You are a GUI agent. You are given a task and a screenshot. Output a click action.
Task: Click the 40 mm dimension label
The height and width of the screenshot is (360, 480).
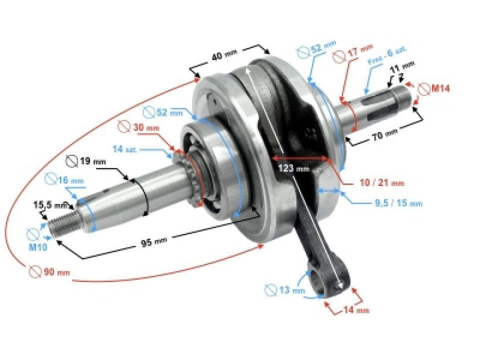coord(224,55)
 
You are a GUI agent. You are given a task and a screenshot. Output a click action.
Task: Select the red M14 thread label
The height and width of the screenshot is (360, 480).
coord(440,88)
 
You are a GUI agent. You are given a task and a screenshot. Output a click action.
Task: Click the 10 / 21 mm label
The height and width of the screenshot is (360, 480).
coord(379,183)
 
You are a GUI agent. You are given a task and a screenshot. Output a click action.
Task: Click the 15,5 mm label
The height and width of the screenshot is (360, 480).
coord(50,205)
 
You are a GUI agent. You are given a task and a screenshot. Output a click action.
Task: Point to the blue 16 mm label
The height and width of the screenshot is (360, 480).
coord(70,179)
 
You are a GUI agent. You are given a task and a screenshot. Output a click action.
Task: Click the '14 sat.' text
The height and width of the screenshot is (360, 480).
coord(125,149)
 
